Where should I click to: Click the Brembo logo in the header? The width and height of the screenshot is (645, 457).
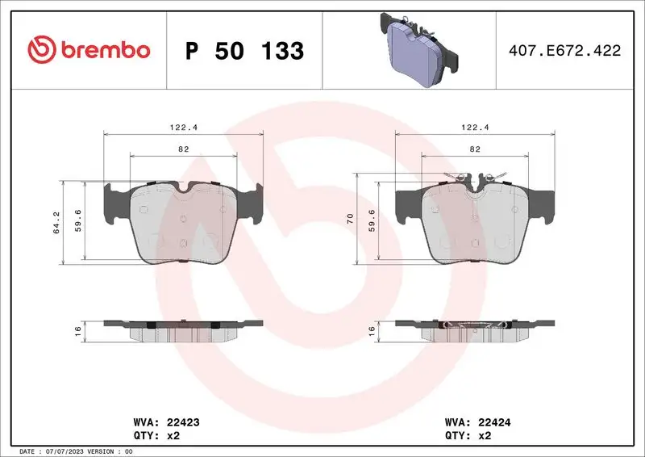tap(89, 50)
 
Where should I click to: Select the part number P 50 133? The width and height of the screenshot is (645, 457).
tap(244, 51)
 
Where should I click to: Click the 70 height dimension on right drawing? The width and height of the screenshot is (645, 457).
tap(350, 218)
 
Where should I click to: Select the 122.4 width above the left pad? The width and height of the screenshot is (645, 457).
tap(184, 125)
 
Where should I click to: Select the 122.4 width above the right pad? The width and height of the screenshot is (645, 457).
tap(475, 125)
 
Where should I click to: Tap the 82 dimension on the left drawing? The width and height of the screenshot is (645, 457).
tap(184, 149)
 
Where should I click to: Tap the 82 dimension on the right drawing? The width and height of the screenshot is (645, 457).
tap(475, 149)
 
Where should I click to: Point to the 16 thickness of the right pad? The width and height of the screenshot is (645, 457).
tap(372, 329)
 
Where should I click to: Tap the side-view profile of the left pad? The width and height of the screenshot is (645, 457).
tap(184, 329)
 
